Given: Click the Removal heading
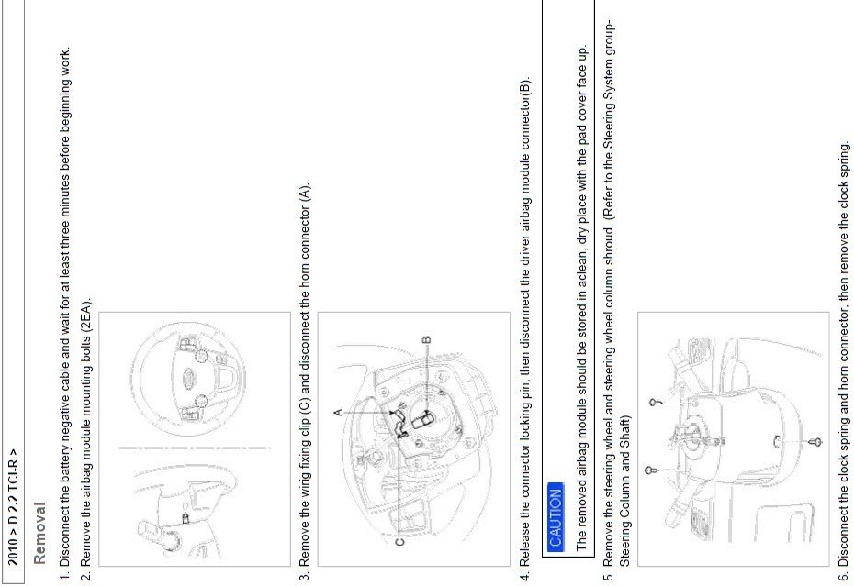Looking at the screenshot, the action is [x=39, y=533].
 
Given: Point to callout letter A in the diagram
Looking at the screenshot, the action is [x=338, y=413].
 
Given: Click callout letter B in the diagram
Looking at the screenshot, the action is [x=426, y=339].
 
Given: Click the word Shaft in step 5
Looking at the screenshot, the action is [x=624, y=429].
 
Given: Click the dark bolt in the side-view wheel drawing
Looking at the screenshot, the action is [x=185, y=517].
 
